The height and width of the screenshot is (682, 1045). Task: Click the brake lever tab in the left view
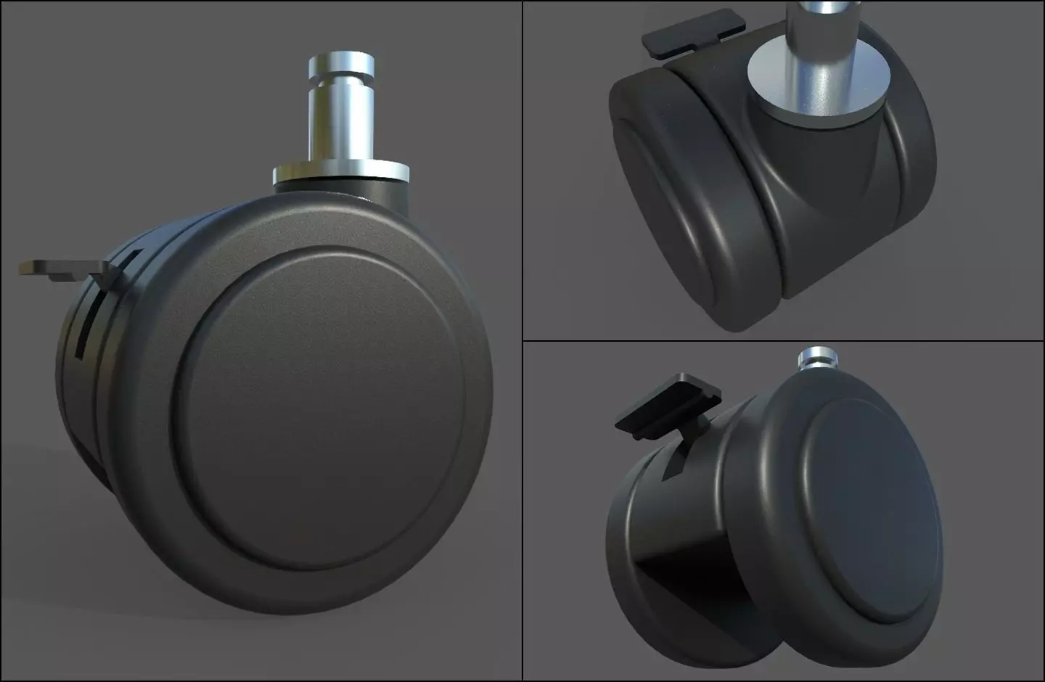click(62, 268)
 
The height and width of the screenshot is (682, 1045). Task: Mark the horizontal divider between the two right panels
click(784, 341)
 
